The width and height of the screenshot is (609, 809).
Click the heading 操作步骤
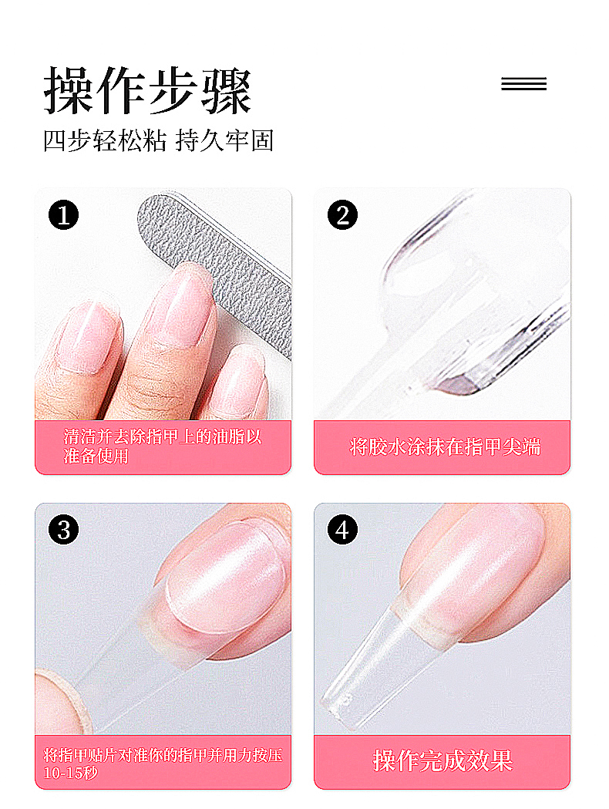pyautogui.click(x=147, y=91)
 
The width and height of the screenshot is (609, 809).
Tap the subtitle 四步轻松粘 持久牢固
pyautogui.click(x=158, y=140)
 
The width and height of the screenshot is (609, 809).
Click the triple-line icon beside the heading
pyautogui.click(x=523, y=83)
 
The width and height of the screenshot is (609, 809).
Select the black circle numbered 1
pyautogui.click(x=63, y=215)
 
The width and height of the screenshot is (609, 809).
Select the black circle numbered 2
pyautogui.click(x=342, y=215)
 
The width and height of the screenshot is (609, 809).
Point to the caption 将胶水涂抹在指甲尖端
pyautogui.click(x=445, y=447)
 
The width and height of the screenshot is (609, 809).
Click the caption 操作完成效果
pyautogui.click(x=443, y=761)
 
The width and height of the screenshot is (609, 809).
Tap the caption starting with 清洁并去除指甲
pyautogui.click(x=163, y=447)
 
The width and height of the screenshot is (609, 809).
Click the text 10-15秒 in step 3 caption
pyautogui.click(x=70, y=773)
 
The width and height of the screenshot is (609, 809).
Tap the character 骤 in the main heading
pyautogui.click(x=226, y=91)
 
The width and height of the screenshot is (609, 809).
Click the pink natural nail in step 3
pyautogui.click(x=227, y=578)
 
